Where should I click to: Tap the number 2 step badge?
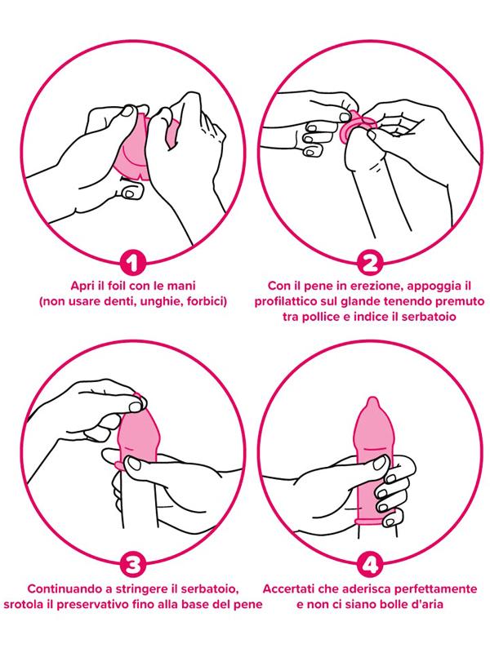(370, 264)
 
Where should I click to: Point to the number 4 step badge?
(370, 564)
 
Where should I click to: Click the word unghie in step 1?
(158, 301)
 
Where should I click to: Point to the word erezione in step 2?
(354, 287)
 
